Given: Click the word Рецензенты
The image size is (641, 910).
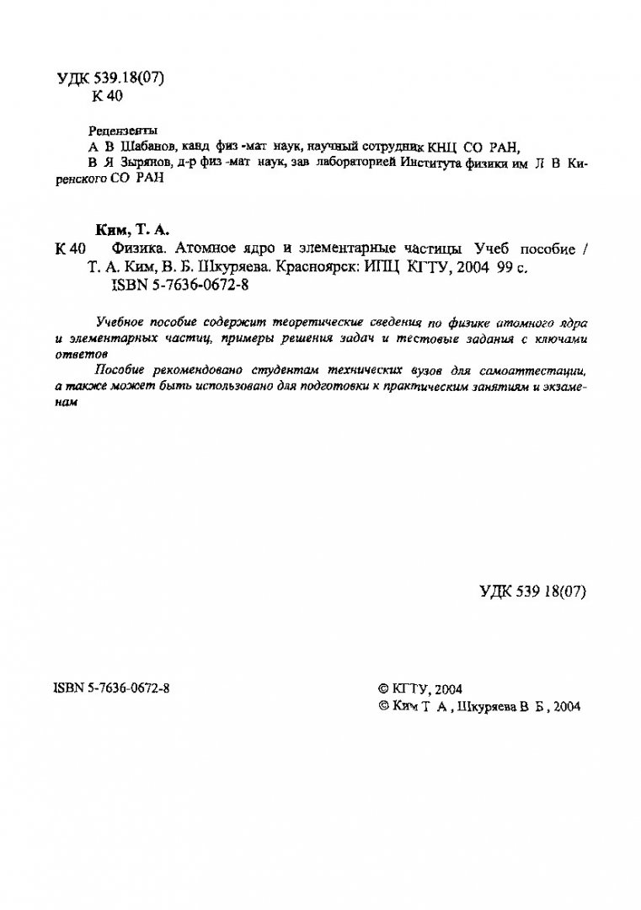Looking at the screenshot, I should pyautogui.click(x=123, y=131).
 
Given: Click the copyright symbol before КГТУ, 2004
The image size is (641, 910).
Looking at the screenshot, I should pyautogui.click(x=384, y=688).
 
